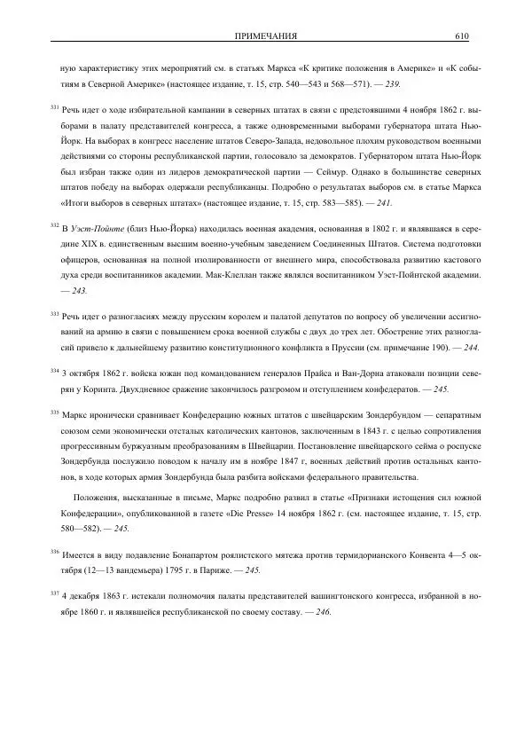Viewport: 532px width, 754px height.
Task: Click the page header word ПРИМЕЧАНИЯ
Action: click(265, 35)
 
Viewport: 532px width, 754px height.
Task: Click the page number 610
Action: click(461, 35)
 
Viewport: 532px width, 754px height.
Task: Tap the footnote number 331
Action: click(54, 107)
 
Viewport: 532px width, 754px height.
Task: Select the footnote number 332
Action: click(54, 225)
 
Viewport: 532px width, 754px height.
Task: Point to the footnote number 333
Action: click(54, 313)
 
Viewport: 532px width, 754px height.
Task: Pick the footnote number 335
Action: click(54, 412)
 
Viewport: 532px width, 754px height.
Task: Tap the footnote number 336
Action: click(54, 551)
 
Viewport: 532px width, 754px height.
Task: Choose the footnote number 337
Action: click(54, 593)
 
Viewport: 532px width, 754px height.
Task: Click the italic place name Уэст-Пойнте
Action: click(97, 228)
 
